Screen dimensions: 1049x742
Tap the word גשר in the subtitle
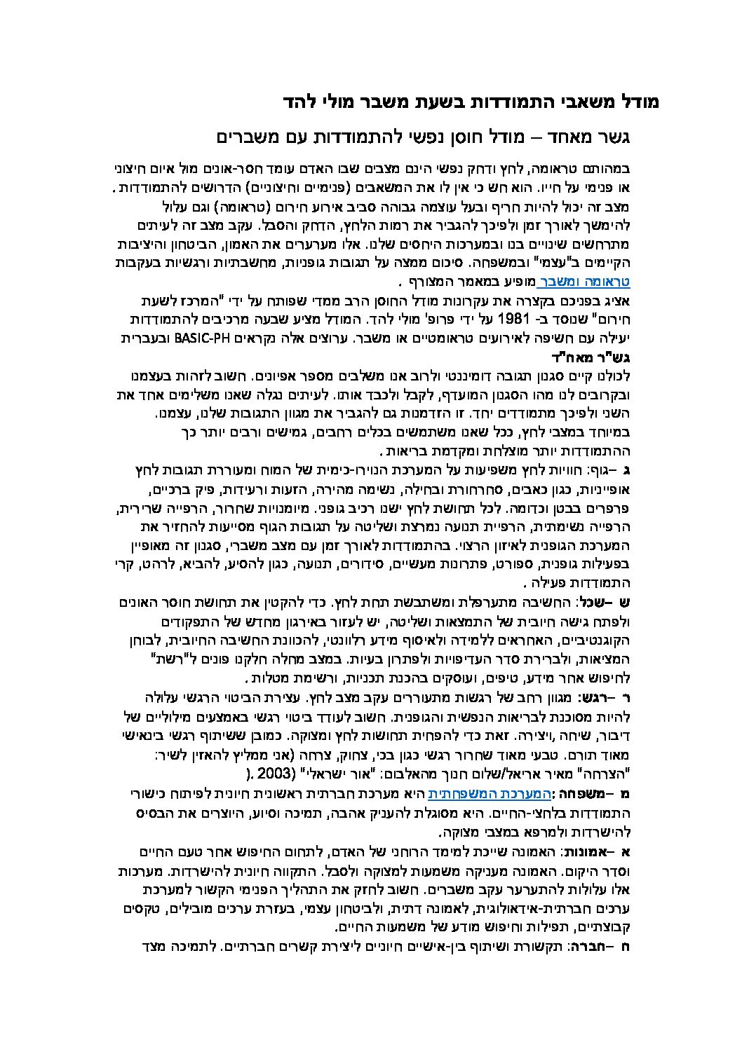click(641, 136)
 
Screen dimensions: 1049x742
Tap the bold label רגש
click(591, 697)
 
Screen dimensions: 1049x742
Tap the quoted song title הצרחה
click(616, 774)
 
